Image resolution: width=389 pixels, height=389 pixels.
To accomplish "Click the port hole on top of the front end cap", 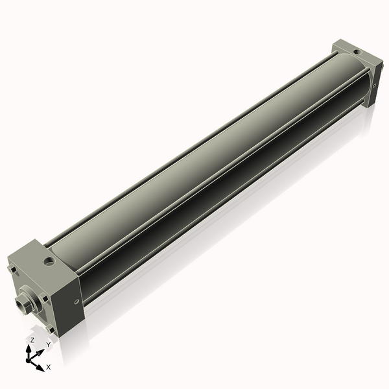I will click(49, 262).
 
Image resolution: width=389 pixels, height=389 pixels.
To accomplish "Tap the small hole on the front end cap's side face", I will click(77, 301).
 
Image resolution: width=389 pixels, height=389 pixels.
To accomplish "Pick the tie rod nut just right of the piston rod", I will click(45, 299).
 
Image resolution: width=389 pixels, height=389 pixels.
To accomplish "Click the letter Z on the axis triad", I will click(32, 340).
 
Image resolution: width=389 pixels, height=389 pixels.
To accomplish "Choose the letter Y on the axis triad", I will click(47, 345).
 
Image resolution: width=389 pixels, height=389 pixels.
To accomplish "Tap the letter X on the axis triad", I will click(48, 367).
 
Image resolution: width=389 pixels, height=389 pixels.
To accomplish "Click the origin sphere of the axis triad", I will click(30, 359).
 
